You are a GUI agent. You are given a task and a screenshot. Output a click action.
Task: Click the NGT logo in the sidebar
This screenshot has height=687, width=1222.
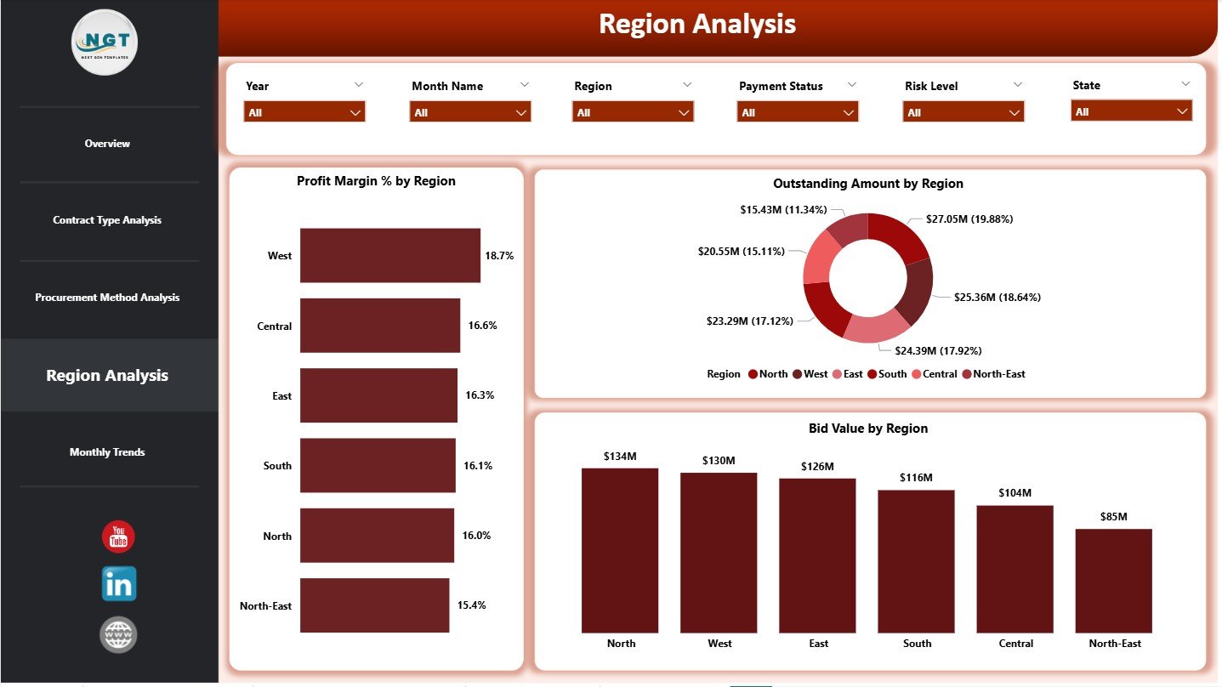click(x=105, y=43)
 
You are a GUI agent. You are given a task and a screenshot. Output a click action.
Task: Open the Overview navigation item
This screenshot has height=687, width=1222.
click(x=107, y=144)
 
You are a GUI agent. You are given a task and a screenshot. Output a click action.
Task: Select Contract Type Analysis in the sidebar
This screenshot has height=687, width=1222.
click(x=107, y=220)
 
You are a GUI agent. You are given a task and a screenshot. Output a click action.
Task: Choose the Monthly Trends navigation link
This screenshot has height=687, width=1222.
click(x=107, y=452)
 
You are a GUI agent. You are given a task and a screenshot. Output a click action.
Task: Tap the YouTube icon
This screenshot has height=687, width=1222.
click(x=118, y=537)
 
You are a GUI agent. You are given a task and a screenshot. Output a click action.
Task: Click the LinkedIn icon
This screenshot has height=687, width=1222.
click(x=118, y=584)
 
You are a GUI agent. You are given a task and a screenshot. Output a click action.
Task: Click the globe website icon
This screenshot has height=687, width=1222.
click(x=118, y=635)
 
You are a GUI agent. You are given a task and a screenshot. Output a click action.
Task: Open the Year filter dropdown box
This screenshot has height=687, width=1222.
click(x=304, y=112)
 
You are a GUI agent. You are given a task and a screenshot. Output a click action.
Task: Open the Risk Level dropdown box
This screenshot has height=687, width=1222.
click(x=963, y=112)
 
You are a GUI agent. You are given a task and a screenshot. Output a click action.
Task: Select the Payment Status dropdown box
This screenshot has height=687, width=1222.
click(x=798, y=112)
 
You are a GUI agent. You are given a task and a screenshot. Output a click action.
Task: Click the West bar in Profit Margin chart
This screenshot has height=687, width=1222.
click(x=389, y=255)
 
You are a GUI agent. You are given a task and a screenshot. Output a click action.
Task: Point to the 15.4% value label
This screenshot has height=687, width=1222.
click(x=471, y=605)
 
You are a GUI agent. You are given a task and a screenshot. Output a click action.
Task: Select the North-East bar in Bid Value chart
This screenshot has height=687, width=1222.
click(x=1113, y=581)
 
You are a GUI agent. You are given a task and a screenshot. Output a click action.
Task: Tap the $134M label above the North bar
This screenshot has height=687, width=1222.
click(x=620, y=457)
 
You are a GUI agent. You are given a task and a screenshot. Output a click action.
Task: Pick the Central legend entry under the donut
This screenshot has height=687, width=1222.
click(x=934, y=374)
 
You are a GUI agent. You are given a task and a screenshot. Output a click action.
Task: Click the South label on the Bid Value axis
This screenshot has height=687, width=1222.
click(x=917, y=644)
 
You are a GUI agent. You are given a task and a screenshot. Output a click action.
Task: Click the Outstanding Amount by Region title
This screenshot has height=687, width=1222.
click(x=867, y=184)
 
